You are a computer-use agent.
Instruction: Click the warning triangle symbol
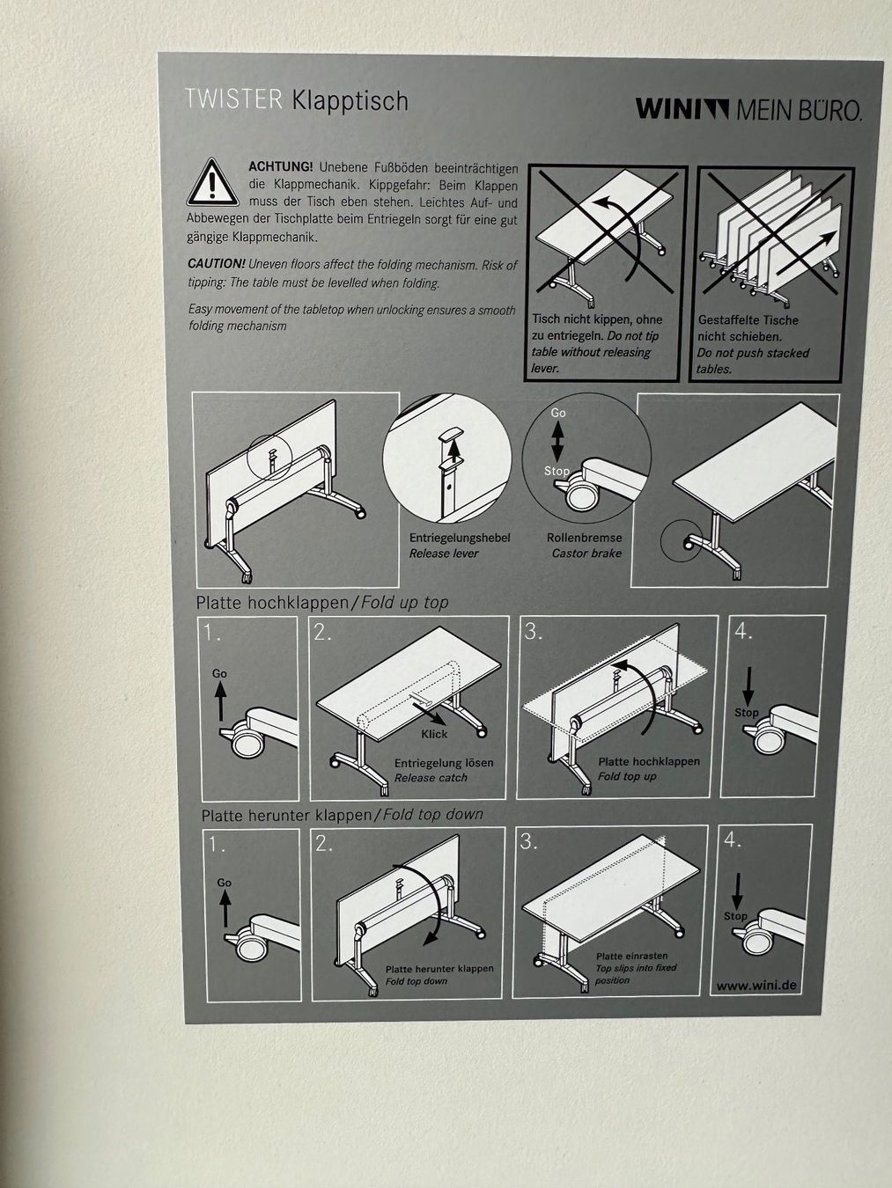pyautogui.click(x=213, y=182)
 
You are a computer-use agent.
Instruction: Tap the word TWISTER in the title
pyautogui.click(x=233, y=99)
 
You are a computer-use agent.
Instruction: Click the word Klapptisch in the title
pyautogui.click(x=350, y=101)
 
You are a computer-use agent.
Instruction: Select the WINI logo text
pyautogui.click(x=682, y=108)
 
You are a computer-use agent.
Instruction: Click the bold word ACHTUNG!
pyautogui.click(x=281, y=166)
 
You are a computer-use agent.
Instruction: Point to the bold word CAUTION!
pyautogui.click(x=217, y=264)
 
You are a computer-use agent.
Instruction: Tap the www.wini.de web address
pyautogui.click(x=756, y=985)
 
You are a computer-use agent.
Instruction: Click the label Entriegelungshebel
pyautogui.click(x=460, y=538)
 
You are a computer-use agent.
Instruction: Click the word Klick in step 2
pyautogui.click(x=434, y=734)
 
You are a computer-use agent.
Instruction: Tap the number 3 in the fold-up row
pyautogui.click(x=533, y=632)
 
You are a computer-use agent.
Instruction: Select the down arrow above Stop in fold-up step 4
pyautogui.click(x=748, y=686)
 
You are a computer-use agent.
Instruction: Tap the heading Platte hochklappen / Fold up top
pyautogui.click(x=322, y=603)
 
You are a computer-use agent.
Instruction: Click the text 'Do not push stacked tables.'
pyautogui.click(x=752, y=361)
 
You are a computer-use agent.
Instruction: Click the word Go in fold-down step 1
pyautogui.click(x=225, y=883)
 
